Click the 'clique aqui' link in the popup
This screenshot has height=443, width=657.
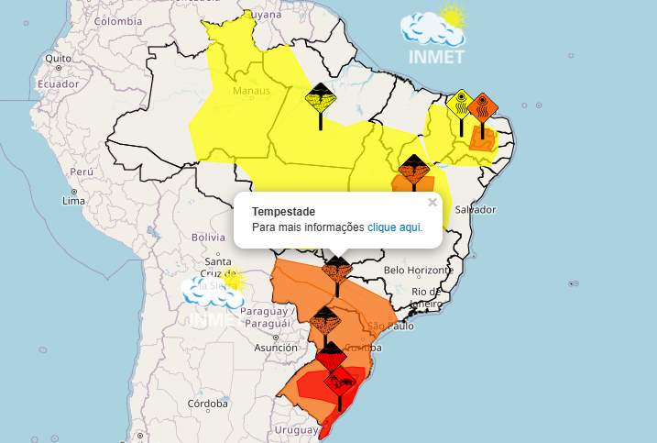click(394, 227)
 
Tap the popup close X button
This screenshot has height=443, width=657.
click(433, 202)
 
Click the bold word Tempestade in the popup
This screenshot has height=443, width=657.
click(283, 211)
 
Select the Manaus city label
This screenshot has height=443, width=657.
click(252, 91)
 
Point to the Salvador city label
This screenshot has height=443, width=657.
click(475, 209)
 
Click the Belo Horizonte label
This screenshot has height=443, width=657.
click(419, 270)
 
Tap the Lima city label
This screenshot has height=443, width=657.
click(73, 200)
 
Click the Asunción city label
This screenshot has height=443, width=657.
click(276, 348)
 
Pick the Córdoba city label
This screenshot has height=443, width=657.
click(207, 404)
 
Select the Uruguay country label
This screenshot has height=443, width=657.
click(296, 429)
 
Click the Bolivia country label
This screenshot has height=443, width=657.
click(208, 237)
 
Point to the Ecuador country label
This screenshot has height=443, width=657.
click(58, 83)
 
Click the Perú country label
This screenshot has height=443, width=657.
click(82, 172)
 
